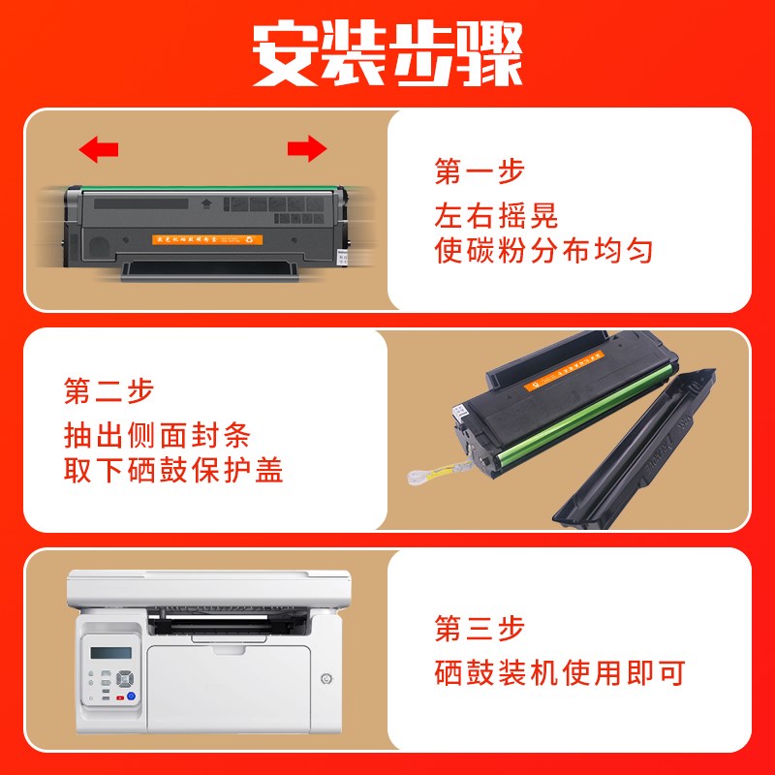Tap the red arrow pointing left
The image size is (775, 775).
[99, 149]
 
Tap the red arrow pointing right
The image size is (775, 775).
[307, 148]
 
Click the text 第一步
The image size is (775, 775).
[480, 172]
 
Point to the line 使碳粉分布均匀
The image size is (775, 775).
[543, 252]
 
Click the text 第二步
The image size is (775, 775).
[108, 391]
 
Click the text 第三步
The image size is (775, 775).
[480, 629]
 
